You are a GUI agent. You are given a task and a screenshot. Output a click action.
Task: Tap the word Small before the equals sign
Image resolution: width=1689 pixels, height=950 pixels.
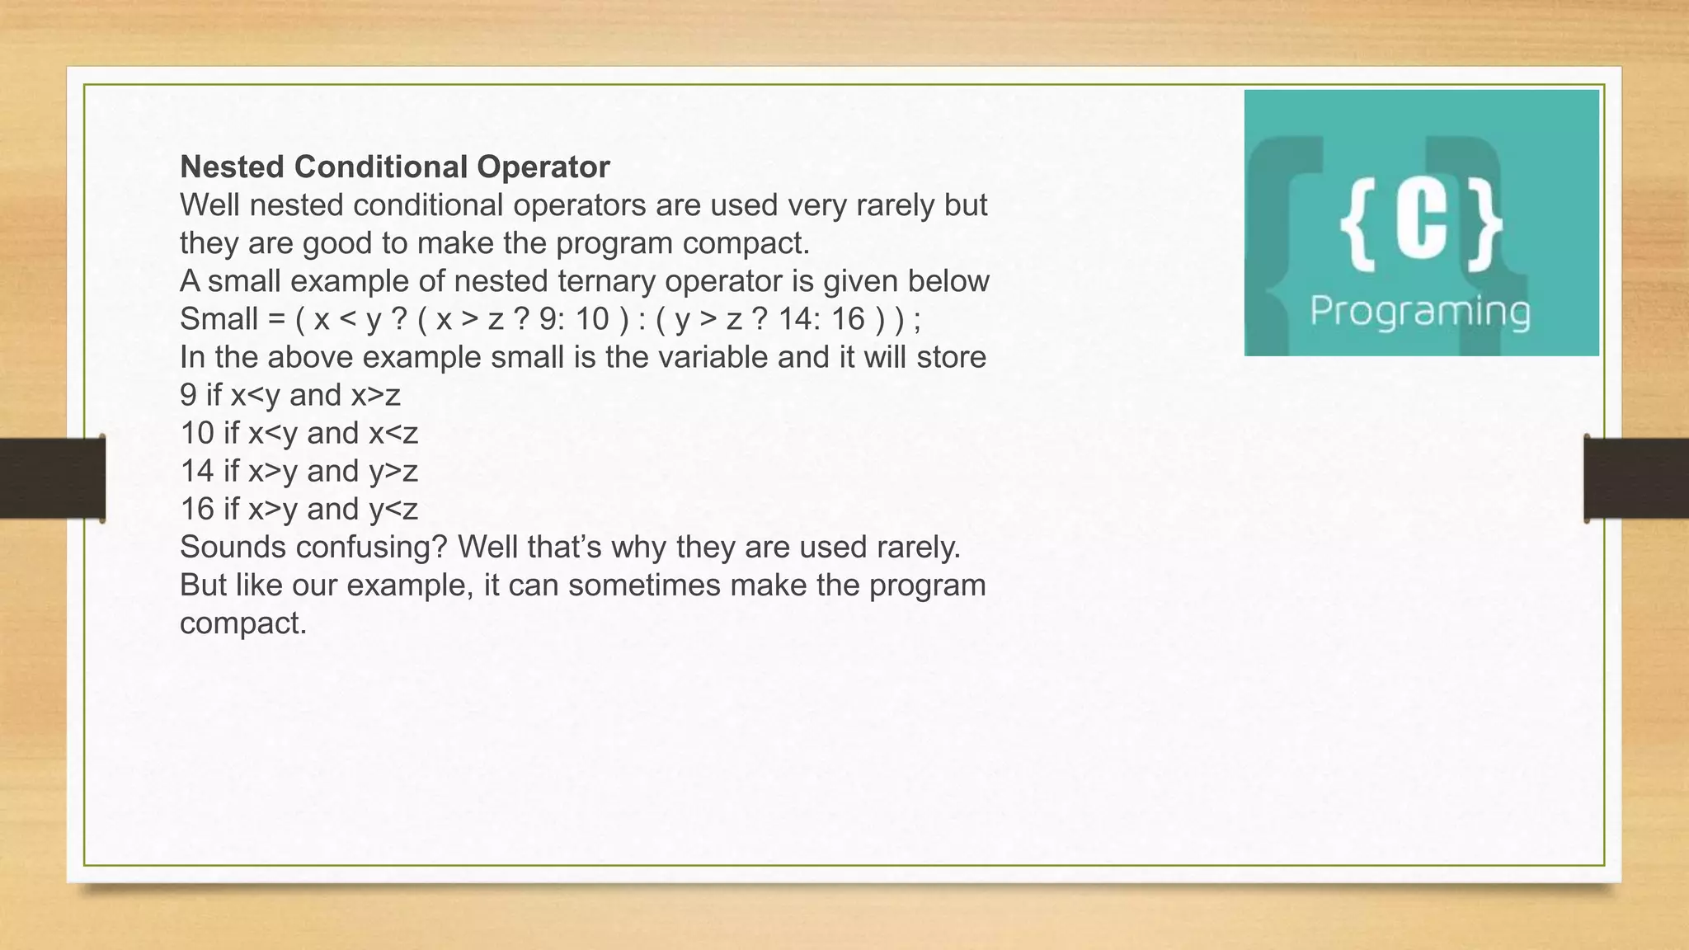[x=219, y=319]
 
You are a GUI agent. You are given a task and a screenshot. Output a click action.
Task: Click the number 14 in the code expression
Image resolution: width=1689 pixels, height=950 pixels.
[x=797, y=319]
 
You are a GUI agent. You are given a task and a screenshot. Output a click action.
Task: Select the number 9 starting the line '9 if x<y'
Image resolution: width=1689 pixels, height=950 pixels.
[x=189, y=395]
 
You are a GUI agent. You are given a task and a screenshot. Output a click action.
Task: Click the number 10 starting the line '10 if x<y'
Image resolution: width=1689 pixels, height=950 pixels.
[x=197, y=433]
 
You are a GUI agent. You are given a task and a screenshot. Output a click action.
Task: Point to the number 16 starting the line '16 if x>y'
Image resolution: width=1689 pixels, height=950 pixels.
[x=197, y=509]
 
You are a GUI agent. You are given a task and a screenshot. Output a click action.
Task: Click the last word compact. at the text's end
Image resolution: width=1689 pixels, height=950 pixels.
[x=243, y=623]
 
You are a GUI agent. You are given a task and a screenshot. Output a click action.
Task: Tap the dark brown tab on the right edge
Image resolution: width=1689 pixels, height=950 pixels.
[x=1636, y=478]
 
